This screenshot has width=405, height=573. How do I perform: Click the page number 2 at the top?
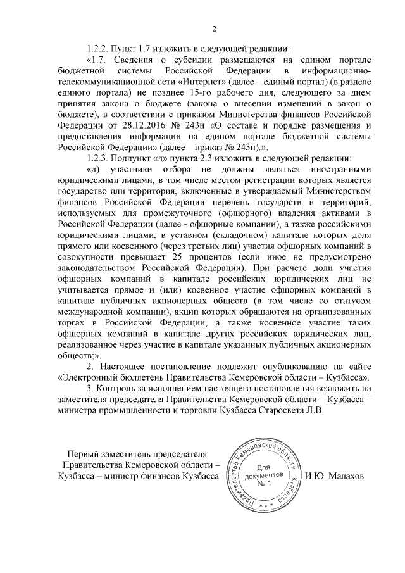pyautogui.click(x=215, y=28)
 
